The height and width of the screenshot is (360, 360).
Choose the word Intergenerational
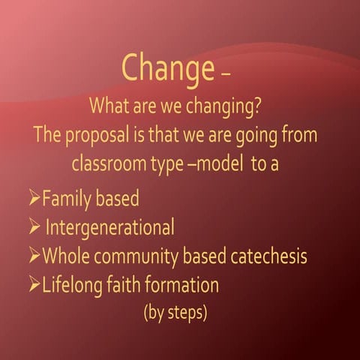[x=109, y=226]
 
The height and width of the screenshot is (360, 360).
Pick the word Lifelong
[x=73, y=284]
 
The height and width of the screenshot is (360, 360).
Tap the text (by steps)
[x=175, y=312]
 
